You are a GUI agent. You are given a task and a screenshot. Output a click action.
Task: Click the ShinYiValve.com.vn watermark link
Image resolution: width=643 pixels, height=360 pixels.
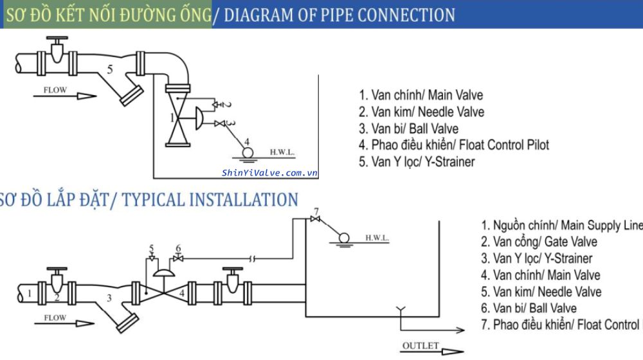[x=270, y=172]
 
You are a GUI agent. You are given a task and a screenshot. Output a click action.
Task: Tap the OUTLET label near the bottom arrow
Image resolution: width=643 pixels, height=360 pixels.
[x=421, y=346]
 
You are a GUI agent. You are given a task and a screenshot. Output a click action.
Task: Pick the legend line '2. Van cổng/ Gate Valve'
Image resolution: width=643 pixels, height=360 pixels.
[x=539, y=242]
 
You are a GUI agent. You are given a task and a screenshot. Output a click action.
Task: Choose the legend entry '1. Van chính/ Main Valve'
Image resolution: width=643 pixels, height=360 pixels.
[x=421, y=95]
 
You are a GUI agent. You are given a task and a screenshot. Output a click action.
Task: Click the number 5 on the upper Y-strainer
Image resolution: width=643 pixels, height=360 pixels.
[x=110, y=69]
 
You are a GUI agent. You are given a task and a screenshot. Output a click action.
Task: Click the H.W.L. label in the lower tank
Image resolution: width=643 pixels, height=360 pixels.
[x=377, y=238]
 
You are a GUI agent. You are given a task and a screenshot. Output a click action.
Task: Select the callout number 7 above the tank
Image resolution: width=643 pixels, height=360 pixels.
[x=316, y=212]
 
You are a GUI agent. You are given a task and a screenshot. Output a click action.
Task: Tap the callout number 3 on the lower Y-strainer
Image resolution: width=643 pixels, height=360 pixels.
[x=109, y=298]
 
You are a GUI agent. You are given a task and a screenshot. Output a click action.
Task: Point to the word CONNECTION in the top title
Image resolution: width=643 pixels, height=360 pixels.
[x=406, y=14]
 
